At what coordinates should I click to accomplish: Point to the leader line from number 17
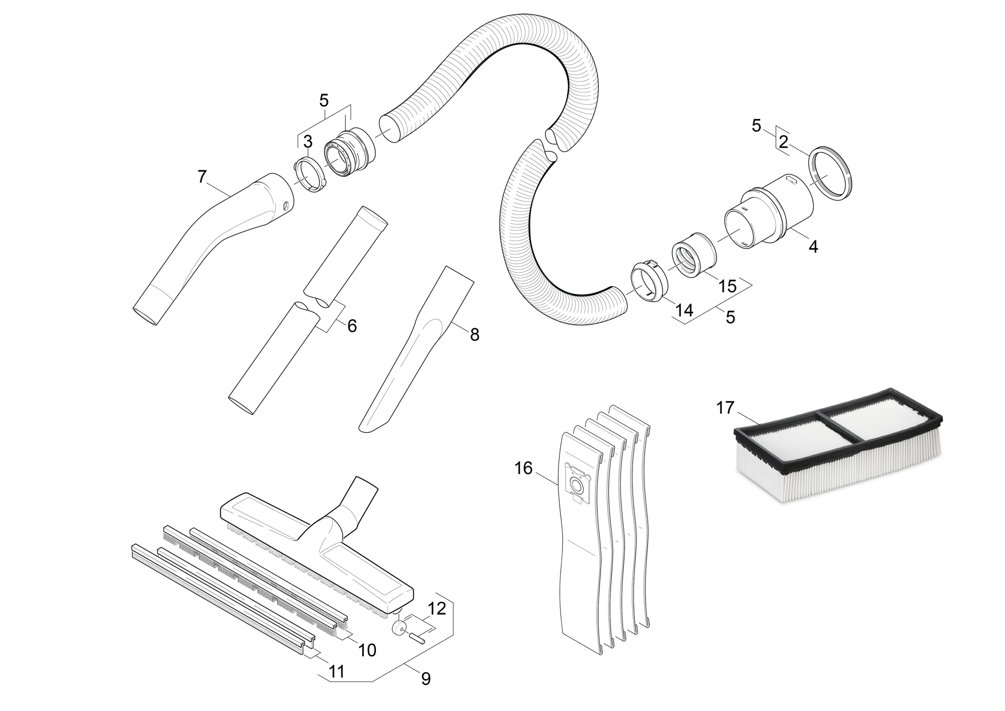pos(749,419)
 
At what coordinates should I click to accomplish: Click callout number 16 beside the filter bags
pos(524,469)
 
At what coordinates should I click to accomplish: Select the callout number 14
pos(684,311)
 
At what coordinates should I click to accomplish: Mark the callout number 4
pos(813,247)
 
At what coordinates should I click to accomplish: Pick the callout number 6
pos(351,326)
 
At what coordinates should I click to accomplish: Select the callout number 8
pos(474,335)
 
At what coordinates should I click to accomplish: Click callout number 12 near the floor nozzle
pos(437,608)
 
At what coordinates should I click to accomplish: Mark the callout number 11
pos(336,672)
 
